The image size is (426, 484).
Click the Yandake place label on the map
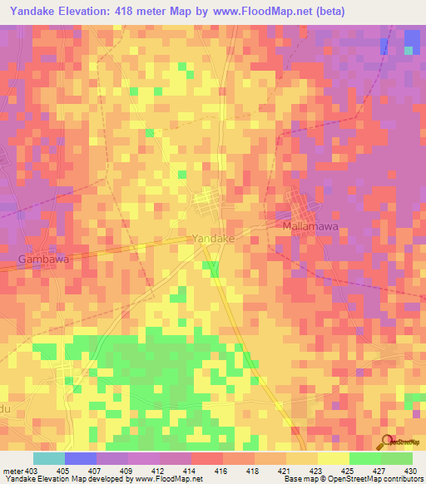(213, 238)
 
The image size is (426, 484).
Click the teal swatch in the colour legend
(49, 458)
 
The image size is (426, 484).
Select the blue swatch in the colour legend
(81, 458)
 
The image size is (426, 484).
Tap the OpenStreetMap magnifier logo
(386, 442)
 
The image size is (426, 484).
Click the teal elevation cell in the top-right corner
(409, 51)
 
